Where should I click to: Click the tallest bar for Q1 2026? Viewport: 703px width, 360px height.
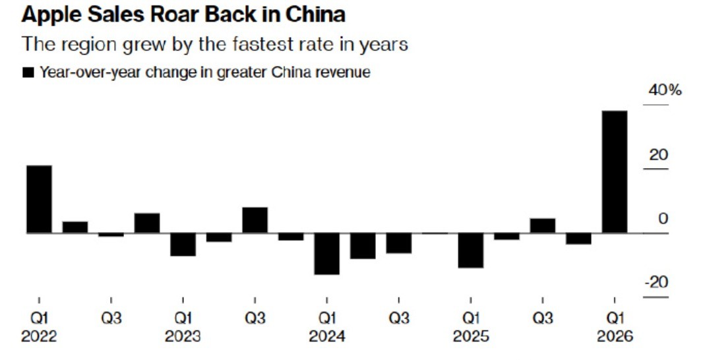pyautogui.click(x=615, y=171)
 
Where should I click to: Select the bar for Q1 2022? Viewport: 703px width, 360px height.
pyautogui.click(x=39, y=199)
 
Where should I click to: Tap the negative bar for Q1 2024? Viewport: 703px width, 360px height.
pyautogui.click(x=326, y=253)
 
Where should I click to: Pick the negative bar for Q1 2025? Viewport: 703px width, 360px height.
pyautogui.click(x=470, y=250)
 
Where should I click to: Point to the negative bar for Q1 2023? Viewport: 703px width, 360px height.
pyautogui.click(x=183, y=244)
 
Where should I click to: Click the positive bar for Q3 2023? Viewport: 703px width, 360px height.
pyautogui.click(x=255, y=220)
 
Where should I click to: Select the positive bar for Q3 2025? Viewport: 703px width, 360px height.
pyautogui.click(x=542, y=225)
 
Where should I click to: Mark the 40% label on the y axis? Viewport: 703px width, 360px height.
pyautogui.click(x=665, y=91)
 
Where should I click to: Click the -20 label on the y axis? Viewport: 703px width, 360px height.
pyautogui.click(x=656, y=282)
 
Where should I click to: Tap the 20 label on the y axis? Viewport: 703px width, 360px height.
pyautogui.click(x=658, y=155)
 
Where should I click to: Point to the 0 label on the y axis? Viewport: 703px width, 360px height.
pyautogui.click(x=663, y=219)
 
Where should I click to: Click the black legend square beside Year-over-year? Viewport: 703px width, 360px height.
pyautogui.click(x=28, y=73)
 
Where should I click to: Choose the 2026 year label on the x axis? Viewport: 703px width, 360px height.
pyautogui.click(x=614, y=336)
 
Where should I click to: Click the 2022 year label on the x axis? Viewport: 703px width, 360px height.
pyautogui.click(x=39, y=336)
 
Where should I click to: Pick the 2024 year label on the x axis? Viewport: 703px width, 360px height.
pyautogui.click(x=326, y=336)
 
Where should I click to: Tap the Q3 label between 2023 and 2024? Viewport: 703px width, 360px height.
pyautogui.click(x=255, y=318)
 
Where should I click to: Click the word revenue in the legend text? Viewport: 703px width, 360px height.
pyautogui.click(x=341, y=73)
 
